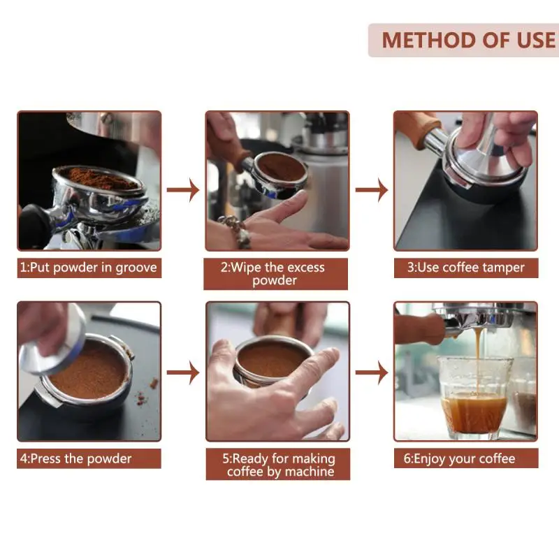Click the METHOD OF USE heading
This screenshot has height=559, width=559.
(x=469, y=40)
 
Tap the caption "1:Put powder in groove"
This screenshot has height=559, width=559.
(x=89, y=268)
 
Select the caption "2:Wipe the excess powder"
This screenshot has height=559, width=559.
(x=273, y=274)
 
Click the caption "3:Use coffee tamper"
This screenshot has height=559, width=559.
(x=466, y=268)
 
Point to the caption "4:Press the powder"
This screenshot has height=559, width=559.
(x=75, y=458)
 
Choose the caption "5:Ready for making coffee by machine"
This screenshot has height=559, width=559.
(x=279, y=465)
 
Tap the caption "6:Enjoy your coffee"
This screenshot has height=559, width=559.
(x=459, y=458)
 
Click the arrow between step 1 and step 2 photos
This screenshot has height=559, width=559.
(x=183, y=190)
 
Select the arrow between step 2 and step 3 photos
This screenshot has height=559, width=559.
(x=372, y=190)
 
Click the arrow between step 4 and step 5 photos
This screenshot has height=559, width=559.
(x=183, y=373)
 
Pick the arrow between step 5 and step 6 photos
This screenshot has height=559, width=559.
(x=372, y=373)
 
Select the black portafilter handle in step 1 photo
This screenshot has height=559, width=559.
(x=35, y=224)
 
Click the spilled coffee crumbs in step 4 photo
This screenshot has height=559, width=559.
(x=145, y=395)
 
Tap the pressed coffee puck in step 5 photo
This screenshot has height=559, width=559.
(x=272, y=359)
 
